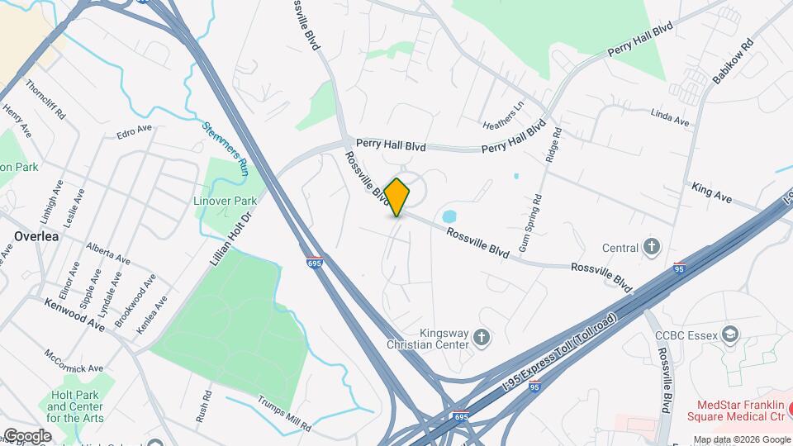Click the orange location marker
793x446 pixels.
(396, 197)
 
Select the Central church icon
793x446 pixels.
(653, 247)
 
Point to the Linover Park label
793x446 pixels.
(226, 201)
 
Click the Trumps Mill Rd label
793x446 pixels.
(283, 415)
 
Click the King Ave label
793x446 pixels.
(712, 193)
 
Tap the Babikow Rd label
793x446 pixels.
(734, 62)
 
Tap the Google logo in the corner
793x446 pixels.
(27, 435)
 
